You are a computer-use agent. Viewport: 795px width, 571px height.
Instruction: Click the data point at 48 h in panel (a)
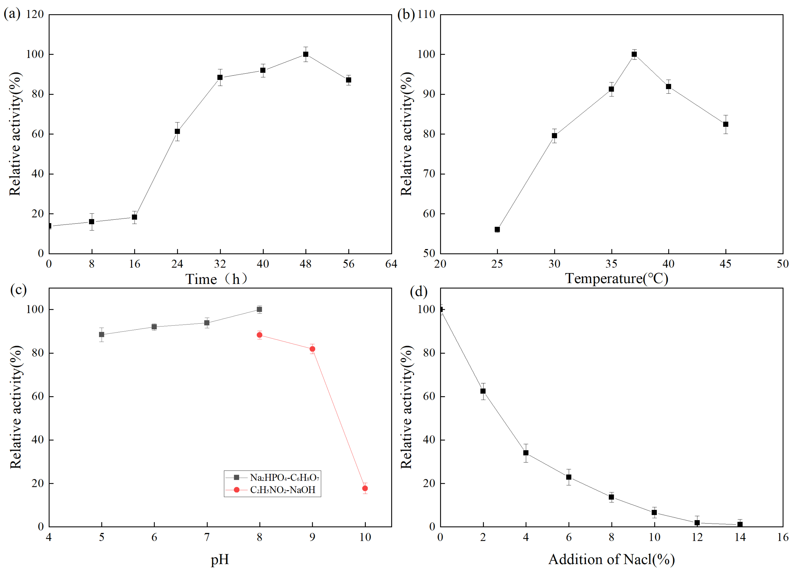306,54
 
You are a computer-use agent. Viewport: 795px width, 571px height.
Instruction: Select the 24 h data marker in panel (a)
177,131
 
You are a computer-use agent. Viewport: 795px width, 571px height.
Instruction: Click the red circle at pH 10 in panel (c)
365,488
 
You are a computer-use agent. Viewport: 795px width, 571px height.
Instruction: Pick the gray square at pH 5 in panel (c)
102,335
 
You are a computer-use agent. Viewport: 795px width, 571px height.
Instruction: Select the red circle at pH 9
312,349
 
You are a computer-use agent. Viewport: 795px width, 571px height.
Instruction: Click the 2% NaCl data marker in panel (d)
483,391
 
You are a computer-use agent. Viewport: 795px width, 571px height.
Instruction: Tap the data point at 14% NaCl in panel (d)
740,525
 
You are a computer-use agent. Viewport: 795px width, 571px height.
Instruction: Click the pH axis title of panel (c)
220,559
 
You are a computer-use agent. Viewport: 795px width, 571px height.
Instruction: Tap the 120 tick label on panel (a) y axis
35,14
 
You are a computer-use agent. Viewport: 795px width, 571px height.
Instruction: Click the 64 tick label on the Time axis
391,264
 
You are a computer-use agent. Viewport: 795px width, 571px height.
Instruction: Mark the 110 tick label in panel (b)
426,14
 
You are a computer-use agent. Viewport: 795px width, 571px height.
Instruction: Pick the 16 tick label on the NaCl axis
783,537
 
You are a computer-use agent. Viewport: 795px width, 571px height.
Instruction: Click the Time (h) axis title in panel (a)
216,279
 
